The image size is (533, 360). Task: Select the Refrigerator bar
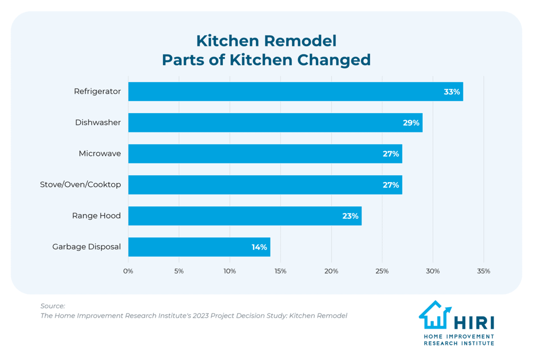pyautogui.click(x=295, y=91)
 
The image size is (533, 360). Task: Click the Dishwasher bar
pyautogui.click(x=275, y=122)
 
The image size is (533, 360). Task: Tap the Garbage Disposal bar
pyautogui.click(x=199, y=247)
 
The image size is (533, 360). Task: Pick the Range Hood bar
pyautogui.click(x=245, y=216)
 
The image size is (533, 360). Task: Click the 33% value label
pyautogui.click(x=451, y=92)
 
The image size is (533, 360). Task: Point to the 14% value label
pyautogui.click(x=259, y=247)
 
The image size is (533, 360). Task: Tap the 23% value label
pyautogui.click(x=350, y=216)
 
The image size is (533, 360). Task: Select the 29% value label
pyautogui.click(x=411, y=123)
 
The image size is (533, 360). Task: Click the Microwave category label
pyautogui.click(x=100, y=154)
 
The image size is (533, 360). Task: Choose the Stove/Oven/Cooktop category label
pyautogui.click(x=81, y=185)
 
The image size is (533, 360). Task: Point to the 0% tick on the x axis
pyautogui.click(x=128, y=271)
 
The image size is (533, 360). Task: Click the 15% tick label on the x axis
pyautogui.click(x=280, y=271)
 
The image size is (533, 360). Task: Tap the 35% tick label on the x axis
pyautogui.click(x=483, y=271)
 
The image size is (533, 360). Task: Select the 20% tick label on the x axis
pyautogui.click(x=331, y=271)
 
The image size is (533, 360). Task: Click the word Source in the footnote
pyautogui.click(x=52, y=306)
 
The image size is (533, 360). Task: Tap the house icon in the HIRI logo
pyautogui.click(x=434, y=315)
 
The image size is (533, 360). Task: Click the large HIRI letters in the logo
pyautogui.click(x=474, y=323)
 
